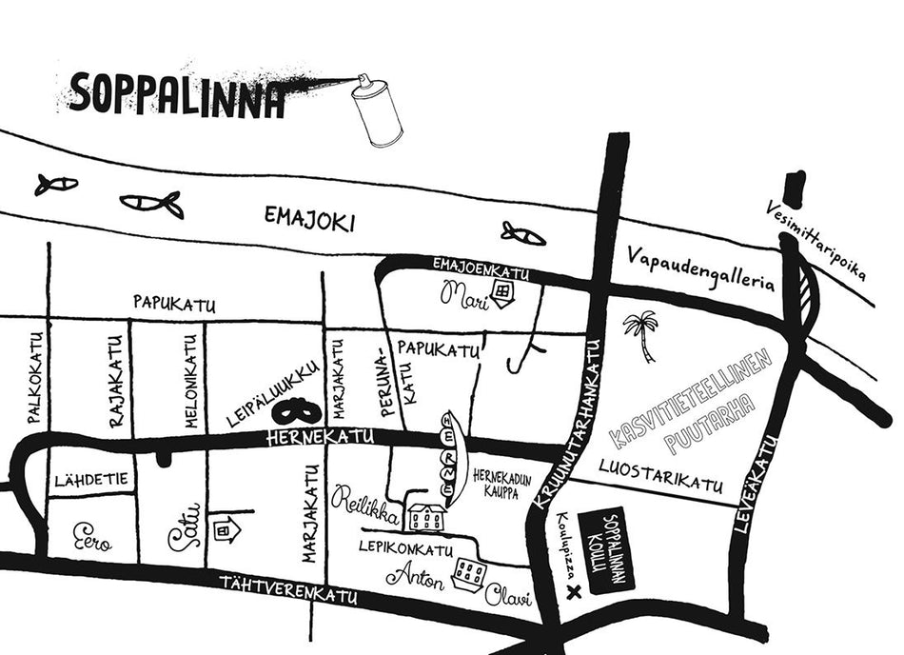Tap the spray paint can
tap(377, 111)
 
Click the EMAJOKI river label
tap(309, 223)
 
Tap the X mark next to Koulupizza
tap(572, 592)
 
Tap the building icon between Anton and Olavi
tap(468, 573)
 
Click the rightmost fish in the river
tap(522, 232)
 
